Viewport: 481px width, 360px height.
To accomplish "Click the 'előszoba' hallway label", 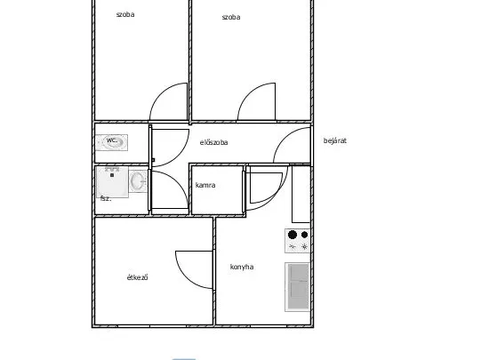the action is pyautogui.click(x=213, y=142).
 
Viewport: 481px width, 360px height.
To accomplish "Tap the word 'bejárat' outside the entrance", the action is pyautogui.click(x=335, y=140).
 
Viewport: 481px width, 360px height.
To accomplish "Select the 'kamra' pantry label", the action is pyautogui.click(x=205, y=185).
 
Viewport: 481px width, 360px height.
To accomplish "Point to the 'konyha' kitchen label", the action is pyautogui.click(x=242, y=267).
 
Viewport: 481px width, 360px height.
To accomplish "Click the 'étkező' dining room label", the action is pyautogui.click(x=138, y=277).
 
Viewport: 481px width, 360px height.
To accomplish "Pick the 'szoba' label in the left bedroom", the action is pyautogui.click(x=125, y=14).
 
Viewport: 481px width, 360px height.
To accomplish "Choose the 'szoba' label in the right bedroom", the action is pyautogui.click(x=231, y=17).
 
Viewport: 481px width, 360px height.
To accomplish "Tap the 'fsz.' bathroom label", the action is pyautogui.click(x=106, y=198).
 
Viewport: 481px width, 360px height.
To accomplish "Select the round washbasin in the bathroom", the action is pyautogui.click(x=138, y=181).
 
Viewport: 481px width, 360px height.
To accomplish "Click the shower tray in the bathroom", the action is pyautogui.click(x=112, y=182).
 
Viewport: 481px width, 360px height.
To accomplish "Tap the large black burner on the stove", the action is pyautogui.click(x=293, y=235).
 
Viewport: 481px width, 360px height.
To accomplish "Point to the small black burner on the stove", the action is pyautogui.click(x=304, y=235).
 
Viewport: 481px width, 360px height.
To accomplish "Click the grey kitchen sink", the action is pyautogui.click(x=298, y=287).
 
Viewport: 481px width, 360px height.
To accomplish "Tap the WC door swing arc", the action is pyautogui.click(x=180, y=156).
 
